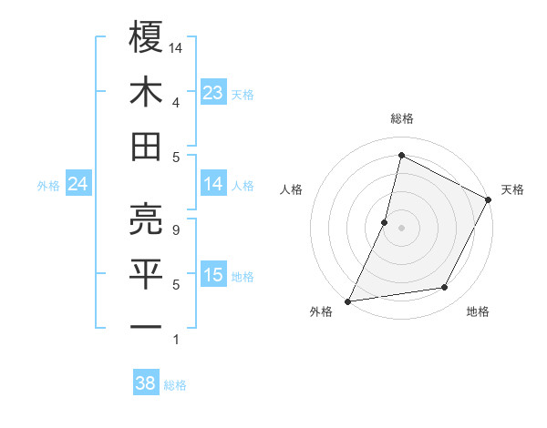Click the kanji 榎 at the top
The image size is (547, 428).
pos(146,37)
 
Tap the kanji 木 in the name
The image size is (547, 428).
pos(146,92)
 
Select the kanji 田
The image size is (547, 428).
pos(146,146)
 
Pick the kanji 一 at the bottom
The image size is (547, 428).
pos(146,326)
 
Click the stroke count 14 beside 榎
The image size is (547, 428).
pos(177,46)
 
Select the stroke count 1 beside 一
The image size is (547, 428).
pos(175,340)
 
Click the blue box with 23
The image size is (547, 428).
pos(213,93)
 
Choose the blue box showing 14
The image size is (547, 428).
pos(213,185)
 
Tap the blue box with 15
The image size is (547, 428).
pos(213,275)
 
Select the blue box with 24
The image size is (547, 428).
pos(78,185)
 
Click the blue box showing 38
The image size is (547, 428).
pos(146,384)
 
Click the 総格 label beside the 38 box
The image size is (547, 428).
pos(175,385)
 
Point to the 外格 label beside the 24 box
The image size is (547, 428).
pos(48,186)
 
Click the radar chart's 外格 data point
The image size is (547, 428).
pos(347,301)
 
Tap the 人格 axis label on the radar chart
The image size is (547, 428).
pos(292,190)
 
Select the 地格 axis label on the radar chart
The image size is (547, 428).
pos(478,312)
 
